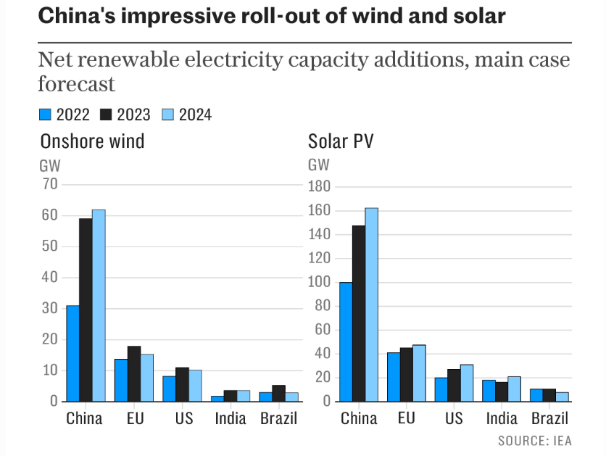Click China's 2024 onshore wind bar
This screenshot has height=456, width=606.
point(99,305)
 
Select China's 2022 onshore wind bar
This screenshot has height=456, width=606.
point(72,353)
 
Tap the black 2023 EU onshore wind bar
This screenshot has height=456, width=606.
point(133,373)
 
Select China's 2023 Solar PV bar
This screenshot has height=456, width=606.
point(359,313)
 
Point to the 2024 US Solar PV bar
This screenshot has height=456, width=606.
point(465,383)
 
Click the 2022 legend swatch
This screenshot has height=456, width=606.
point(45,114)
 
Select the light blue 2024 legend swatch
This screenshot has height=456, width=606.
point(167,114)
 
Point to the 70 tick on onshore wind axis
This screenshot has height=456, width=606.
point(49,184)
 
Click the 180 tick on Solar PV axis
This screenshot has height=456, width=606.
point(320,187)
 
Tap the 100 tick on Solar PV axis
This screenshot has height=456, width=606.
point(320,282)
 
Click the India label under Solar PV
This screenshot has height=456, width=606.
point(502,419)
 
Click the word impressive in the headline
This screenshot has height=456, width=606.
point(177,17)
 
